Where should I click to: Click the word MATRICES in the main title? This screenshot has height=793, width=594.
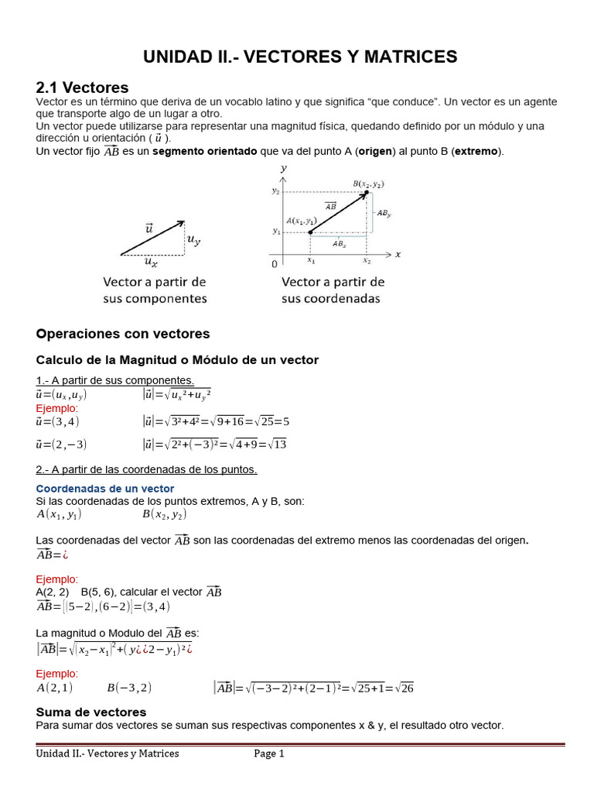[x=410, y=57]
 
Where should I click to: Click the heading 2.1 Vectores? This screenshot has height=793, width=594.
[x=82, y=88]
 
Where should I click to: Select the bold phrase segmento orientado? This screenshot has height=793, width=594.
[x=204, y=151]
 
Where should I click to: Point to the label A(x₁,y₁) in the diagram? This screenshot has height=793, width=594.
[x=302, y=221]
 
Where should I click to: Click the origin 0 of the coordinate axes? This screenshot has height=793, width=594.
[x=274, y=264]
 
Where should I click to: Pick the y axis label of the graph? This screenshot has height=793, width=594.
[x=284, y=167]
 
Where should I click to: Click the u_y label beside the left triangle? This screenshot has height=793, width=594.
[x=193, y=240]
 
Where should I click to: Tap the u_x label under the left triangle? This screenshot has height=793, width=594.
[x=152, y=263]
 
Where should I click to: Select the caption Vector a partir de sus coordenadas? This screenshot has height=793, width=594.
[x=333, y=290]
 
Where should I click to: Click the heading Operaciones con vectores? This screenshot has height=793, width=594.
[x=123, y=334]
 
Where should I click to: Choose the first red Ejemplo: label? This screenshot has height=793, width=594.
[x=57, y=408]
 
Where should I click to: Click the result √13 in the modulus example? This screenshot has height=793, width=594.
[x=276, y=445]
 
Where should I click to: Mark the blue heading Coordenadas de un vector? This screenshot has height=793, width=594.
[x=105, y=489]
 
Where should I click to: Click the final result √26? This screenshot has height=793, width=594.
[x=403, y=688]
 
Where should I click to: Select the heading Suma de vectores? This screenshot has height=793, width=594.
[x=91, y=712]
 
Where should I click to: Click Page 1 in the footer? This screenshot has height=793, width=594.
[x=269, y=754]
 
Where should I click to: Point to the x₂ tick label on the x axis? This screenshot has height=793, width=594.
[x=367, y=262]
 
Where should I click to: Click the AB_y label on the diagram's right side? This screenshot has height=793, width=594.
[x=382, y=213]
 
